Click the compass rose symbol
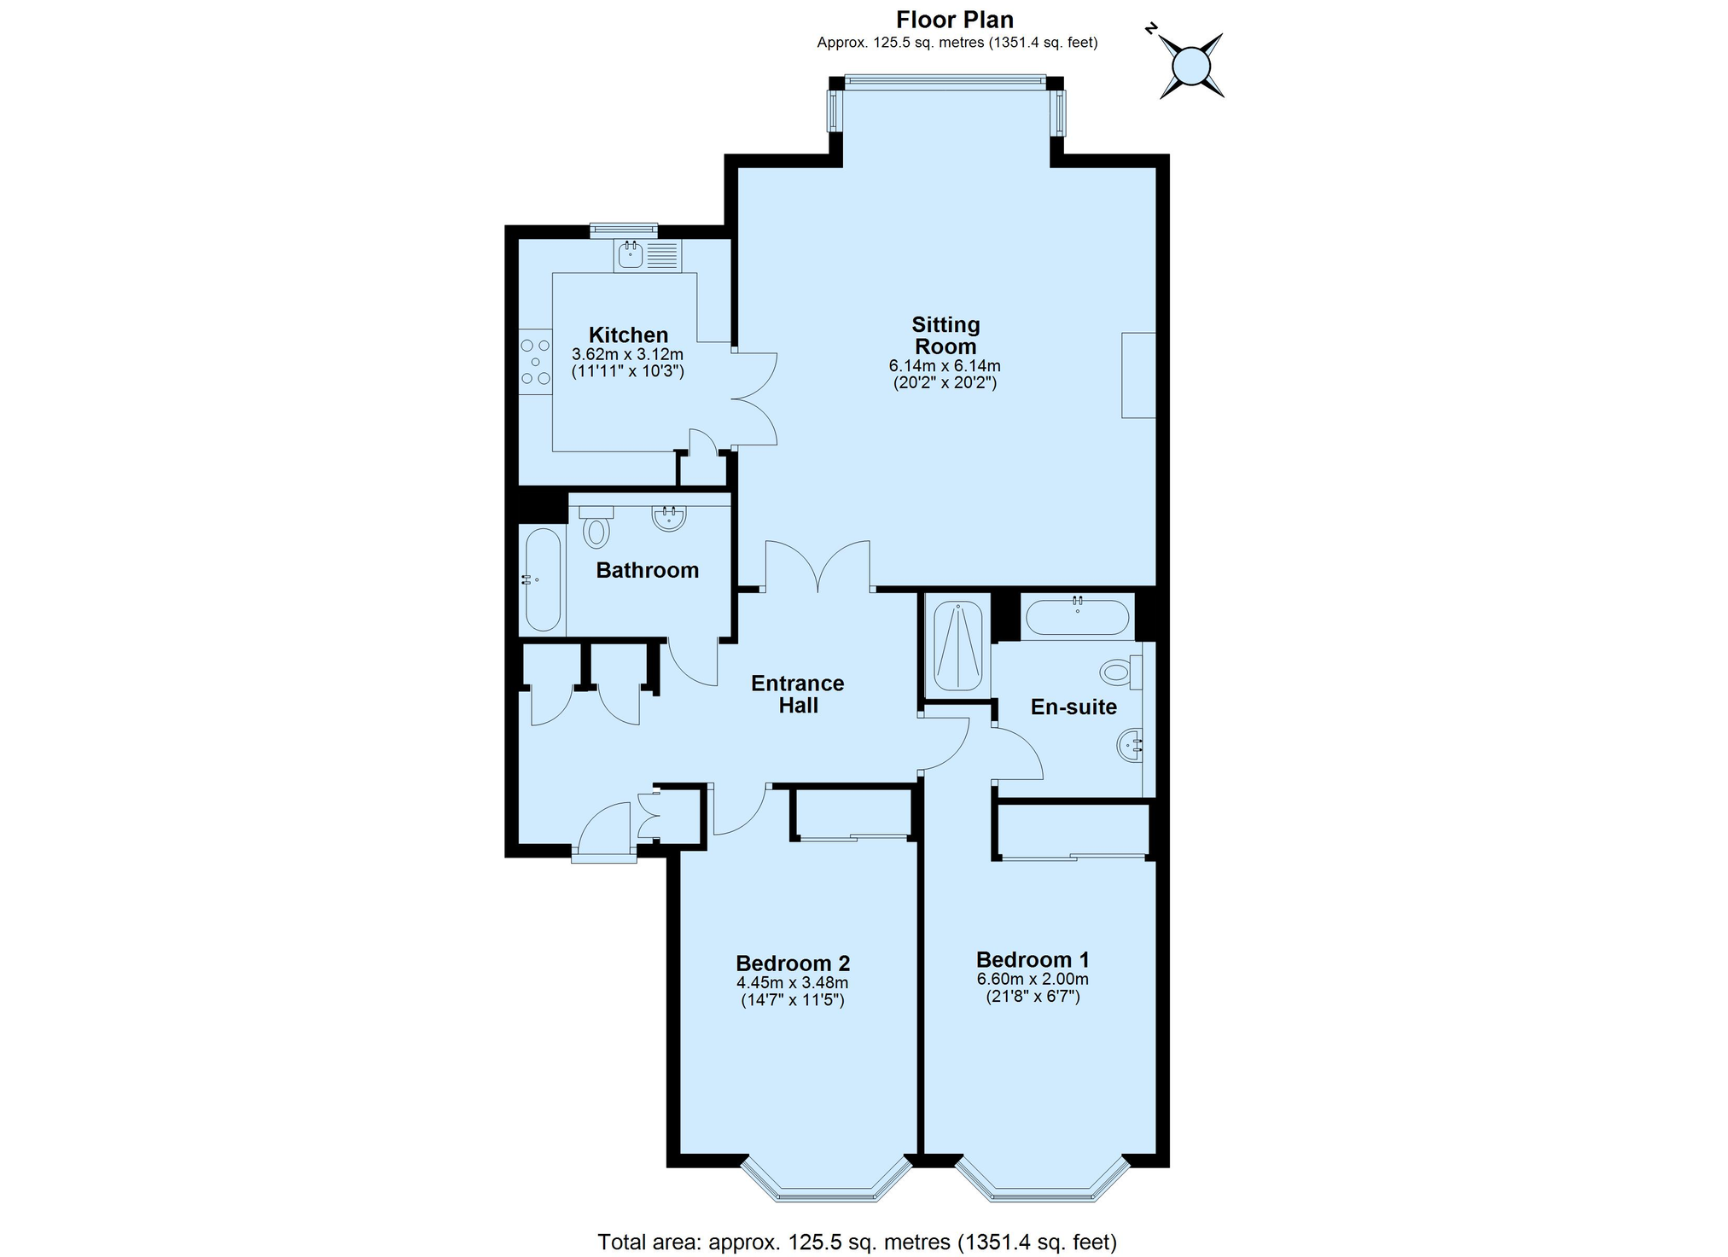(1191, 66)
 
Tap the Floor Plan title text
(954, 19)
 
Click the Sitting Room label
(945, 335)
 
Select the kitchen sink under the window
(631, 254)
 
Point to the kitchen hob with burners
(535, 362)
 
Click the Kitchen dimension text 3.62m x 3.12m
(627, 354)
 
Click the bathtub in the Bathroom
(542, 580)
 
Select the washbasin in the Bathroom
(669, 517)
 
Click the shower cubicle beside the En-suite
(957, 646)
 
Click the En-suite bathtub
(1077, 617)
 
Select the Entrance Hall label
(797, 694)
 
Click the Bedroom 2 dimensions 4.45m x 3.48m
(792, 983)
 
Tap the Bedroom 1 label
(1032, 959)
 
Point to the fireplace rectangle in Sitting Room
(1137, 375)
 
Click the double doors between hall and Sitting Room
(817, 567)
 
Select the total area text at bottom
(857, 1242)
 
